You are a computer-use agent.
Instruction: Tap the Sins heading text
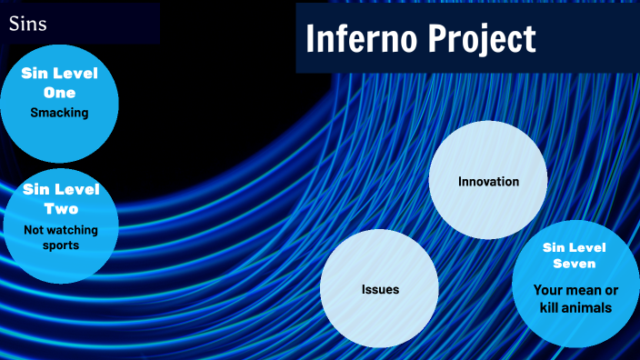(x=28, y=24)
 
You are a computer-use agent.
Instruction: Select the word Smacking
(x=59, y=113)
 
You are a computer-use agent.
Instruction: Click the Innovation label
(x=488, y=181)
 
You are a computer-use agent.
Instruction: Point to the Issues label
(x=380, y=289)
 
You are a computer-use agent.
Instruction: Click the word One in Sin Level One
(x=59, y=93)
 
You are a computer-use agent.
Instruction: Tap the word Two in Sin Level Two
(x=61, y=208)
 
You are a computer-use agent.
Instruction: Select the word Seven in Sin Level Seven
(x=574, y=264)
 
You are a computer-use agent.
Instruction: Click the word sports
(x=61, y=245)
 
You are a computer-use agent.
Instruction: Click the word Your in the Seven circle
(x=550, y=290)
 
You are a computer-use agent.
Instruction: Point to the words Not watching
(x=61, y=230)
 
